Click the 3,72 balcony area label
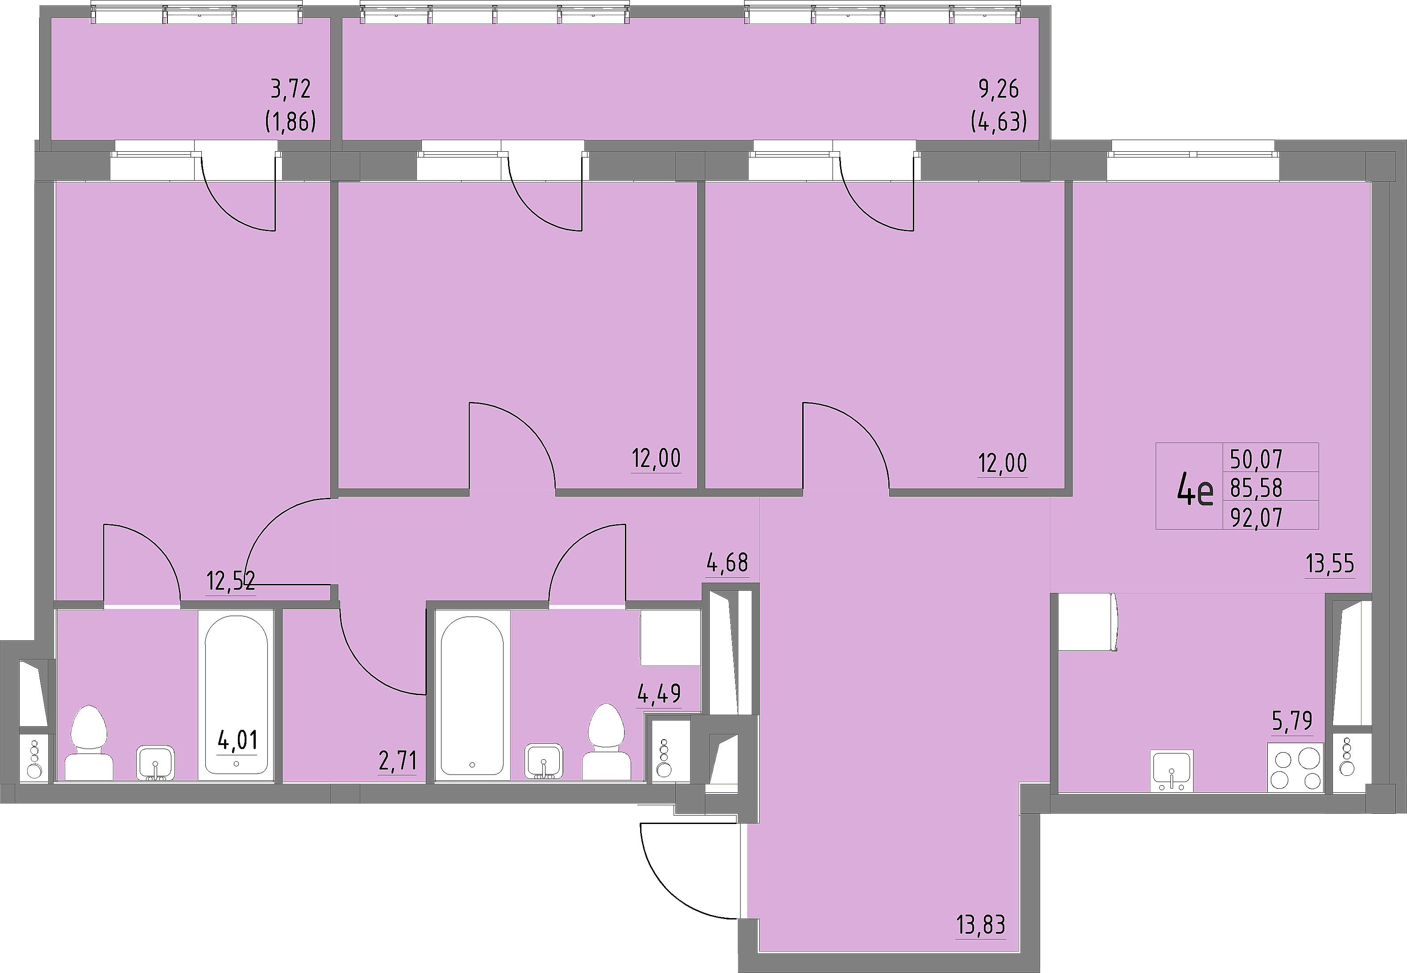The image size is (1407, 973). click(x=291, y=89)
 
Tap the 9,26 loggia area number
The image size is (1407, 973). click(x=999, y=89)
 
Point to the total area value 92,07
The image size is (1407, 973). click(x=1257, y=518)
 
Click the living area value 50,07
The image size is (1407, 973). click(x=1257, y=459)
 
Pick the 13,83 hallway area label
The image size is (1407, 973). click(x=980, y=925)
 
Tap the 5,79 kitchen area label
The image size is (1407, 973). click(x=1292, y=721)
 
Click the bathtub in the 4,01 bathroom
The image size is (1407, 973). click(x=236, y=695)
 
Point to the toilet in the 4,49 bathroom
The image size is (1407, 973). click(x=606, y=742)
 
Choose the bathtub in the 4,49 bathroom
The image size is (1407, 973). click(x=471, y=695)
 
